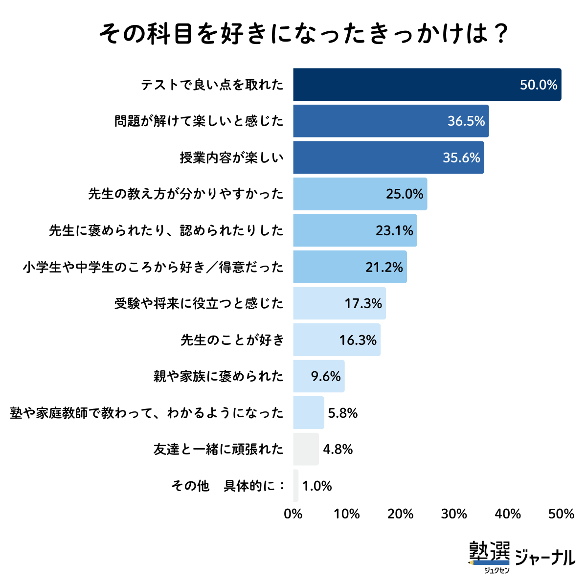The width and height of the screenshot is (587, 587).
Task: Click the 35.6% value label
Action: [461, 158]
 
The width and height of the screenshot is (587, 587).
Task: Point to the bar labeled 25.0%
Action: [342, 194]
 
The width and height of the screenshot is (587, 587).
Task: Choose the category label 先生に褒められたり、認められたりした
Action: [166, 230]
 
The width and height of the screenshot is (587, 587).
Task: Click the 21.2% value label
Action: [384, 267]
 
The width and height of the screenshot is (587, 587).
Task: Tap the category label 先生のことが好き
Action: [232, 340]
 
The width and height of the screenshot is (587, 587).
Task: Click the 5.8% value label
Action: [342, 413]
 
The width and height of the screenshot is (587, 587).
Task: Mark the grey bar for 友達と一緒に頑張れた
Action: [306, 449]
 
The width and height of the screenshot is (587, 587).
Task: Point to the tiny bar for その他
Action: [296, 486]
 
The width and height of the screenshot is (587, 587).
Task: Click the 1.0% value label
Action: [317, 486]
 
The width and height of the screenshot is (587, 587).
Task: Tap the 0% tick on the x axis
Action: [293, 514]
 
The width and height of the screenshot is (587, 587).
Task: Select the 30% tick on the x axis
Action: [454, 514]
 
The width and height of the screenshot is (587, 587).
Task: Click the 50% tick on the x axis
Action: [561, 514]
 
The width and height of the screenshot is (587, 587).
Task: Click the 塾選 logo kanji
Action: [489, 552]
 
